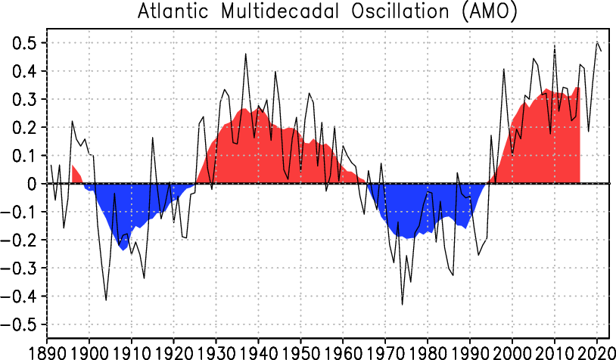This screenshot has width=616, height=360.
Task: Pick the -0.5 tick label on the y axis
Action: point(20,324)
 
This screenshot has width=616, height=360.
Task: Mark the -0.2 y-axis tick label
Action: point(20,241)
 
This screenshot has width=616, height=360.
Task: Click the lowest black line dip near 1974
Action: point(403,304)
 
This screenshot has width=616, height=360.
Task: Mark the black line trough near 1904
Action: point(106,299)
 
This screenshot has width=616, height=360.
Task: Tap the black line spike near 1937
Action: point(246,54)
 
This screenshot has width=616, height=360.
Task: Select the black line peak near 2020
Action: point(597,42)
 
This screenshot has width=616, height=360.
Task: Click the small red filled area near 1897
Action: point(76,175)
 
